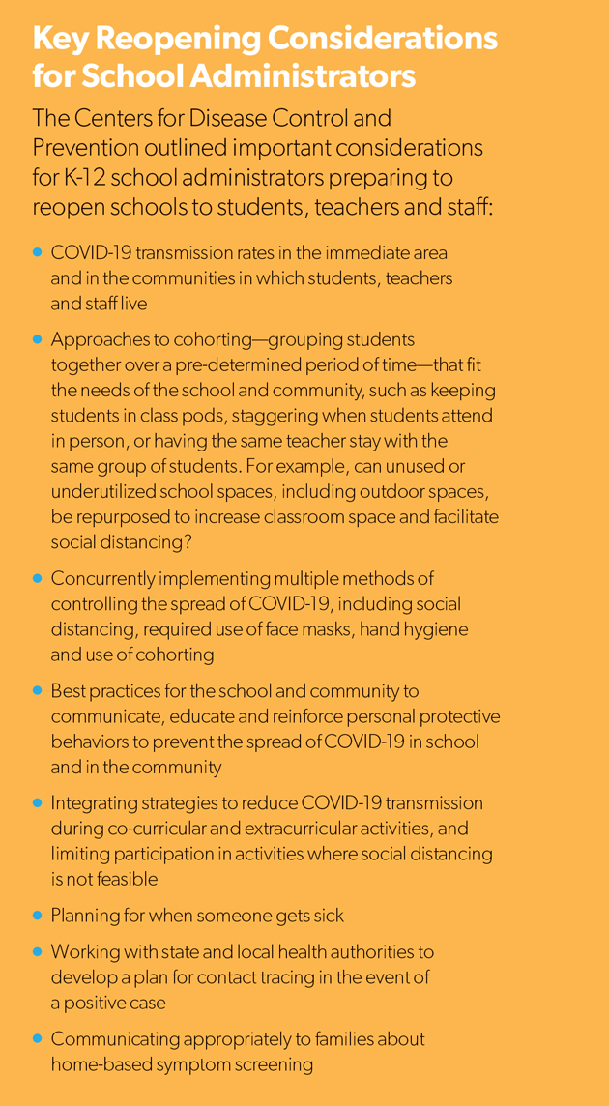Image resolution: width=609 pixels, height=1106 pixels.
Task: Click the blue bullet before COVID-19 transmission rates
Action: pyautogui.click(x=38, y=252)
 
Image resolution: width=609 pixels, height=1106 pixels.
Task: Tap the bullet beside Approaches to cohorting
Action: pyautogui.click(x=38, y=340)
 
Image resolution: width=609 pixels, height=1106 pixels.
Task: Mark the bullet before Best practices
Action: pyautogui.click(x=38, y=692)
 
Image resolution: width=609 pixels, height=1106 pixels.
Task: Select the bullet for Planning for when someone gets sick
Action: pyautogui.click(x=38, y=915)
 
